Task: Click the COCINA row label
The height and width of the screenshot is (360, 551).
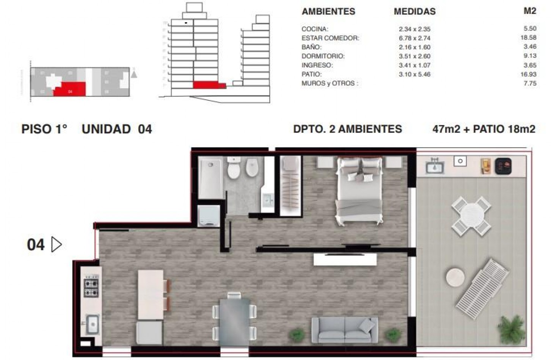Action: (x=315, y=29)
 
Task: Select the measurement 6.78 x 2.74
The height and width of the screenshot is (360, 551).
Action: (x=414, y=38)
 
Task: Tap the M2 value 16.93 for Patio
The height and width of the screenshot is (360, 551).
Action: (x=528, y=74)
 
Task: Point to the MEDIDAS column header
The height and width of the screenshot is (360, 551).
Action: (x=414, y=12)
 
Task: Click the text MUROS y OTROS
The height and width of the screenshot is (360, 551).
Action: (x=330, y=83)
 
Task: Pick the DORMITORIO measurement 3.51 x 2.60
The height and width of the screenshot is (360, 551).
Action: (x=414, y=56)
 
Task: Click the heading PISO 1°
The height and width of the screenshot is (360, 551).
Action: (x=44, y=129)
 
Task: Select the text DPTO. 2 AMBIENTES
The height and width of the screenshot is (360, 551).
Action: (x=347, y=129)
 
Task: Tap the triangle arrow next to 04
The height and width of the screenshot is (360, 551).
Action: (x=56, y=245)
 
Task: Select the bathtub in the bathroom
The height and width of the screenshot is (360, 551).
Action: (x=210, y=178)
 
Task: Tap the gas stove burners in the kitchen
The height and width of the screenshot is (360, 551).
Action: (x=91, y=288)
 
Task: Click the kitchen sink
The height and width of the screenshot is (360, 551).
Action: (x=92, y=324)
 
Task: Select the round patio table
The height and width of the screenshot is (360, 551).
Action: (x=471, y=216)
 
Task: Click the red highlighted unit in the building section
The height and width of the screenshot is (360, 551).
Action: (x=207, y=85)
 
